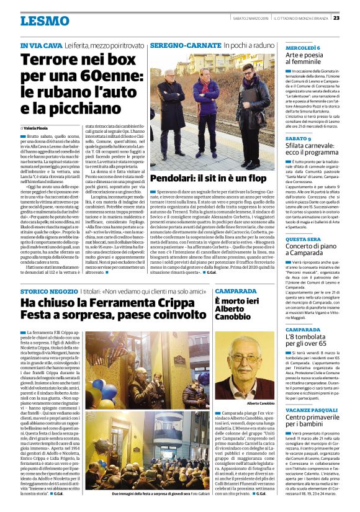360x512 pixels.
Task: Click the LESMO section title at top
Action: pos(45,20)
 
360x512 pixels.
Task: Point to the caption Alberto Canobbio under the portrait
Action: pos(261,403)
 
